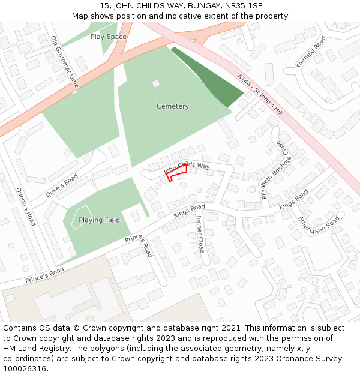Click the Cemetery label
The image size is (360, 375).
point(172,106)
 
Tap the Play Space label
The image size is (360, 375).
point(108,37)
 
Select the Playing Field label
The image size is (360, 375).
point(99,220)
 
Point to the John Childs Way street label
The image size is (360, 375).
point(187,167)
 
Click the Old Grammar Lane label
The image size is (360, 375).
point(64,62)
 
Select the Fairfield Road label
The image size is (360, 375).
point(311,51)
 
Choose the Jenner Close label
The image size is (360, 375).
point(200,233)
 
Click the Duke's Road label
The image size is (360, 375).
point(62,186)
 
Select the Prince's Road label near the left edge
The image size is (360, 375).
point(44,275)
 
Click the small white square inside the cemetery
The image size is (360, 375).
point(156,83)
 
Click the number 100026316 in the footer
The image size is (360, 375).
point(24,368)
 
